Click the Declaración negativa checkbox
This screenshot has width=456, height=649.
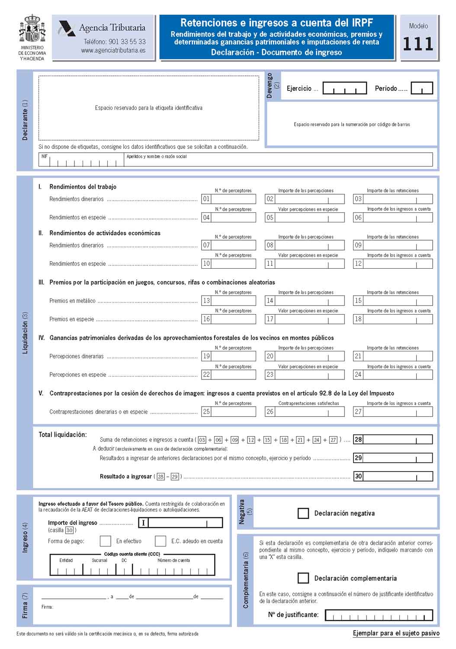(x=303, y=513)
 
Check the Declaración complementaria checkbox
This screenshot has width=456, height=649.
(x=303, y=578)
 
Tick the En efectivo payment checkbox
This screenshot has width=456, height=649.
(x=105, y=541)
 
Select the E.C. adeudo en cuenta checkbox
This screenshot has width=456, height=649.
(x=161, y=541)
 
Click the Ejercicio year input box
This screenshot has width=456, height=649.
(x=344, y=88)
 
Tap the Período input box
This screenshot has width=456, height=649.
(x=421, y=88)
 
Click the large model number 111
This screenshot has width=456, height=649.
(x=418, y=44)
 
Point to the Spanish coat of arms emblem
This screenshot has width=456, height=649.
(x=32, y=29)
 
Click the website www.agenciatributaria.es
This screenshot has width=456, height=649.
(x=113, y=50)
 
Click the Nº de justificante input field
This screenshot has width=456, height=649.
(x=379, y=615)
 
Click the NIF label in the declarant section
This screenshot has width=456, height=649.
(x=45, y=157)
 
